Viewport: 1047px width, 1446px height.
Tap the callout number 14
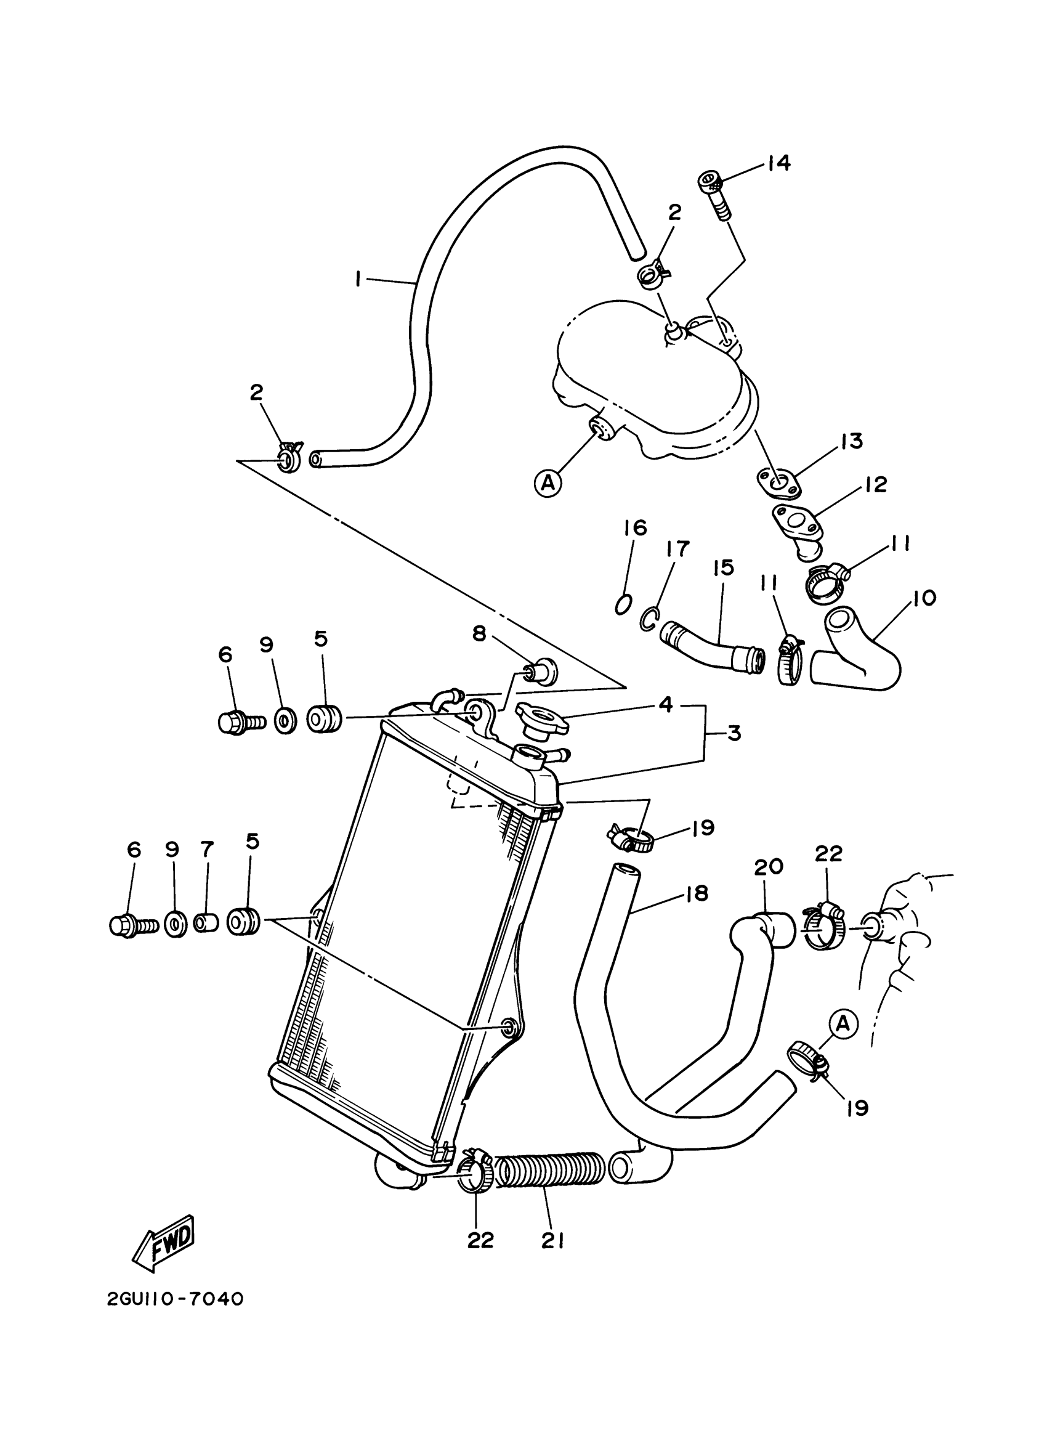(x=778, y=163)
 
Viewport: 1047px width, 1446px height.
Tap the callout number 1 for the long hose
(x=359, y=278)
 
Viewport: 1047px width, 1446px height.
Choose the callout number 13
(x=851, y=441)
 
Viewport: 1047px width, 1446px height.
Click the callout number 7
(x=207, y=849)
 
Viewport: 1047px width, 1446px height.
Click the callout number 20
(x=769, y=867)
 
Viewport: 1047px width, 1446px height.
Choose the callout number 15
(x=724, y=567)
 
